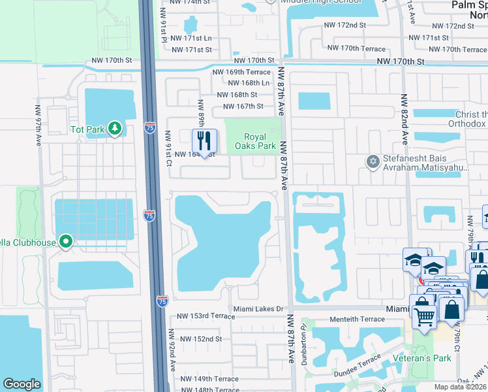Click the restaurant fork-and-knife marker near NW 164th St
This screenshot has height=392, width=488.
tap(204, 140)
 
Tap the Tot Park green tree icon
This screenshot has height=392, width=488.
tap(115, 128)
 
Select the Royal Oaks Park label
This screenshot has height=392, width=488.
tap(255, 140)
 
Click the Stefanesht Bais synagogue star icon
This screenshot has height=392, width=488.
tap(373, 161)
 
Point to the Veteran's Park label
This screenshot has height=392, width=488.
tap(423, 358)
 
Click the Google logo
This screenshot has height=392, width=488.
tap(22, 384)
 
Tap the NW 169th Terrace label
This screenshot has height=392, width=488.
tap(241, 71)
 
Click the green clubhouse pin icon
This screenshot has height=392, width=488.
tap(66, 242)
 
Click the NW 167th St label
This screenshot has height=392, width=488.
tap(243, 106)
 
